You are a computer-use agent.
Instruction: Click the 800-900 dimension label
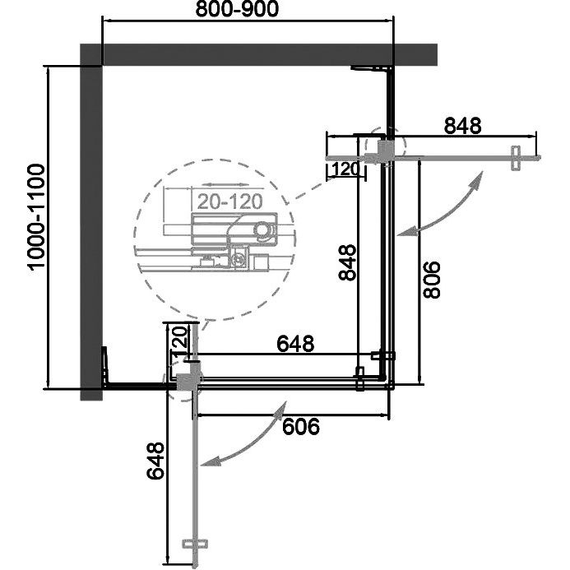pos(237,9)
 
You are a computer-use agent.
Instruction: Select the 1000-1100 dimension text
pos(36,217)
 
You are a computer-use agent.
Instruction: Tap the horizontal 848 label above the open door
pos(462,126)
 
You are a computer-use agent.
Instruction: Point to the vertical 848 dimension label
pos(347,262)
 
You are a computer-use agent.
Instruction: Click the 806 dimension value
pos(432,280)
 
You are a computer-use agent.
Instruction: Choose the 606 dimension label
pos(301,426)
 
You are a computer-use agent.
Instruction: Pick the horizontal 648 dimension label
pos(295,344)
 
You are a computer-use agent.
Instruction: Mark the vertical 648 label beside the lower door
pos(155,461)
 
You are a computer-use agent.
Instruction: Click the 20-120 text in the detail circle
pos(229,202)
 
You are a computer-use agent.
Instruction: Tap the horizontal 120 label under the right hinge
pos(345,169)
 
